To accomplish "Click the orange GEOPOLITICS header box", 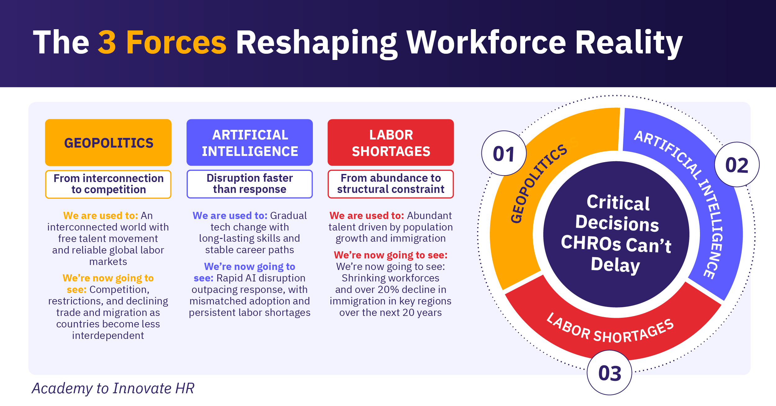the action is tap(108, 143).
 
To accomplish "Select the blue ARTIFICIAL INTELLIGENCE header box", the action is tap(250, 143).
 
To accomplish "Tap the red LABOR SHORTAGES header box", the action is tap(391, 143).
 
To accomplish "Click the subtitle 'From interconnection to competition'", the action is tap(108, 184).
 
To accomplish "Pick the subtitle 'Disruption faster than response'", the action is tap(250, 184).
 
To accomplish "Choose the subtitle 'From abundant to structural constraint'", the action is tap(391, 184).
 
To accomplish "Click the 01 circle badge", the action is tap(504, 153).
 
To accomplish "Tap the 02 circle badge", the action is tap(737, 165).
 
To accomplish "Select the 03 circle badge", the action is tap(610, 373).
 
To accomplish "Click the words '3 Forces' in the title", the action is tap(162, 42).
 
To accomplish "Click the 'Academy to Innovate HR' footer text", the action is tap(113, 388).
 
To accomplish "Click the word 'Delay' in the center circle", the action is tap(615, 265).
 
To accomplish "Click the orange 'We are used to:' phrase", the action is tap(101, 216).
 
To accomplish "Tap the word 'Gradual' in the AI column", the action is tap(288, 216).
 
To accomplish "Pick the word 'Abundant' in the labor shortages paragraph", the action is tap(430, 216).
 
